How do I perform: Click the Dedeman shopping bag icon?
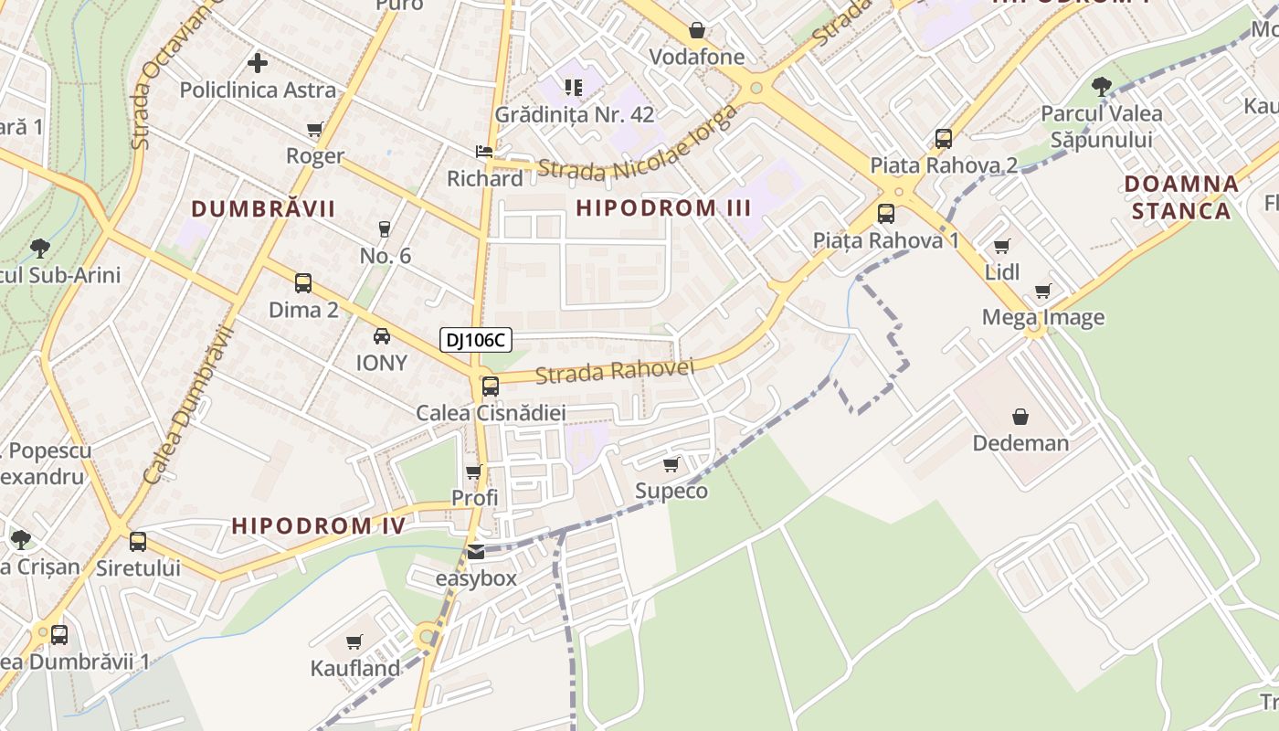[x=1020, y=417]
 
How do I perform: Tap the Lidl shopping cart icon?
[x=1002, y=246]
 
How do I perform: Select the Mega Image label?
[x=1042, y=317]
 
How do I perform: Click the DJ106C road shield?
[x=475, y=341]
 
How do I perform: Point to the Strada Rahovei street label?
[x=615, y=371]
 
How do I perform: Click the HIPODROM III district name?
[x=664, y=207]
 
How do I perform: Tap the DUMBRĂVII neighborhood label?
[x=264, y=208]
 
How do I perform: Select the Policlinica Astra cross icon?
[x=258, y=63]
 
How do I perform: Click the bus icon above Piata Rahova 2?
[x=944, y=139]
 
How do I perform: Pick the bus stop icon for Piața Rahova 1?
[x=886, y=214]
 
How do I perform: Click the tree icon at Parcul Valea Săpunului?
[x=1102, y=87]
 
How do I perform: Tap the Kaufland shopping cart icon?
[x=354, y=642]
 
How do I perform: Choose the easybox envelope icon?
[x=476, y=552]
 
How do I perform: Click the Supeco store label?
[x=671, y=491]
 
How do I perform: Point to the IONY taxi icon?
[x=382, y=336]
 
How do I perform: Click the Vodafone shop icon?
[x=697, y=30]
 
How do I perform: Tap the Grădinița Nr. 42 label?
[x=575, y=114]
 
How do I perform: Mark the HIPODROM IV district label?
[x=318, y=525]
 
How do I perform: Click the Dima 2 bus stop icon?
[x=303, y=283]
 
